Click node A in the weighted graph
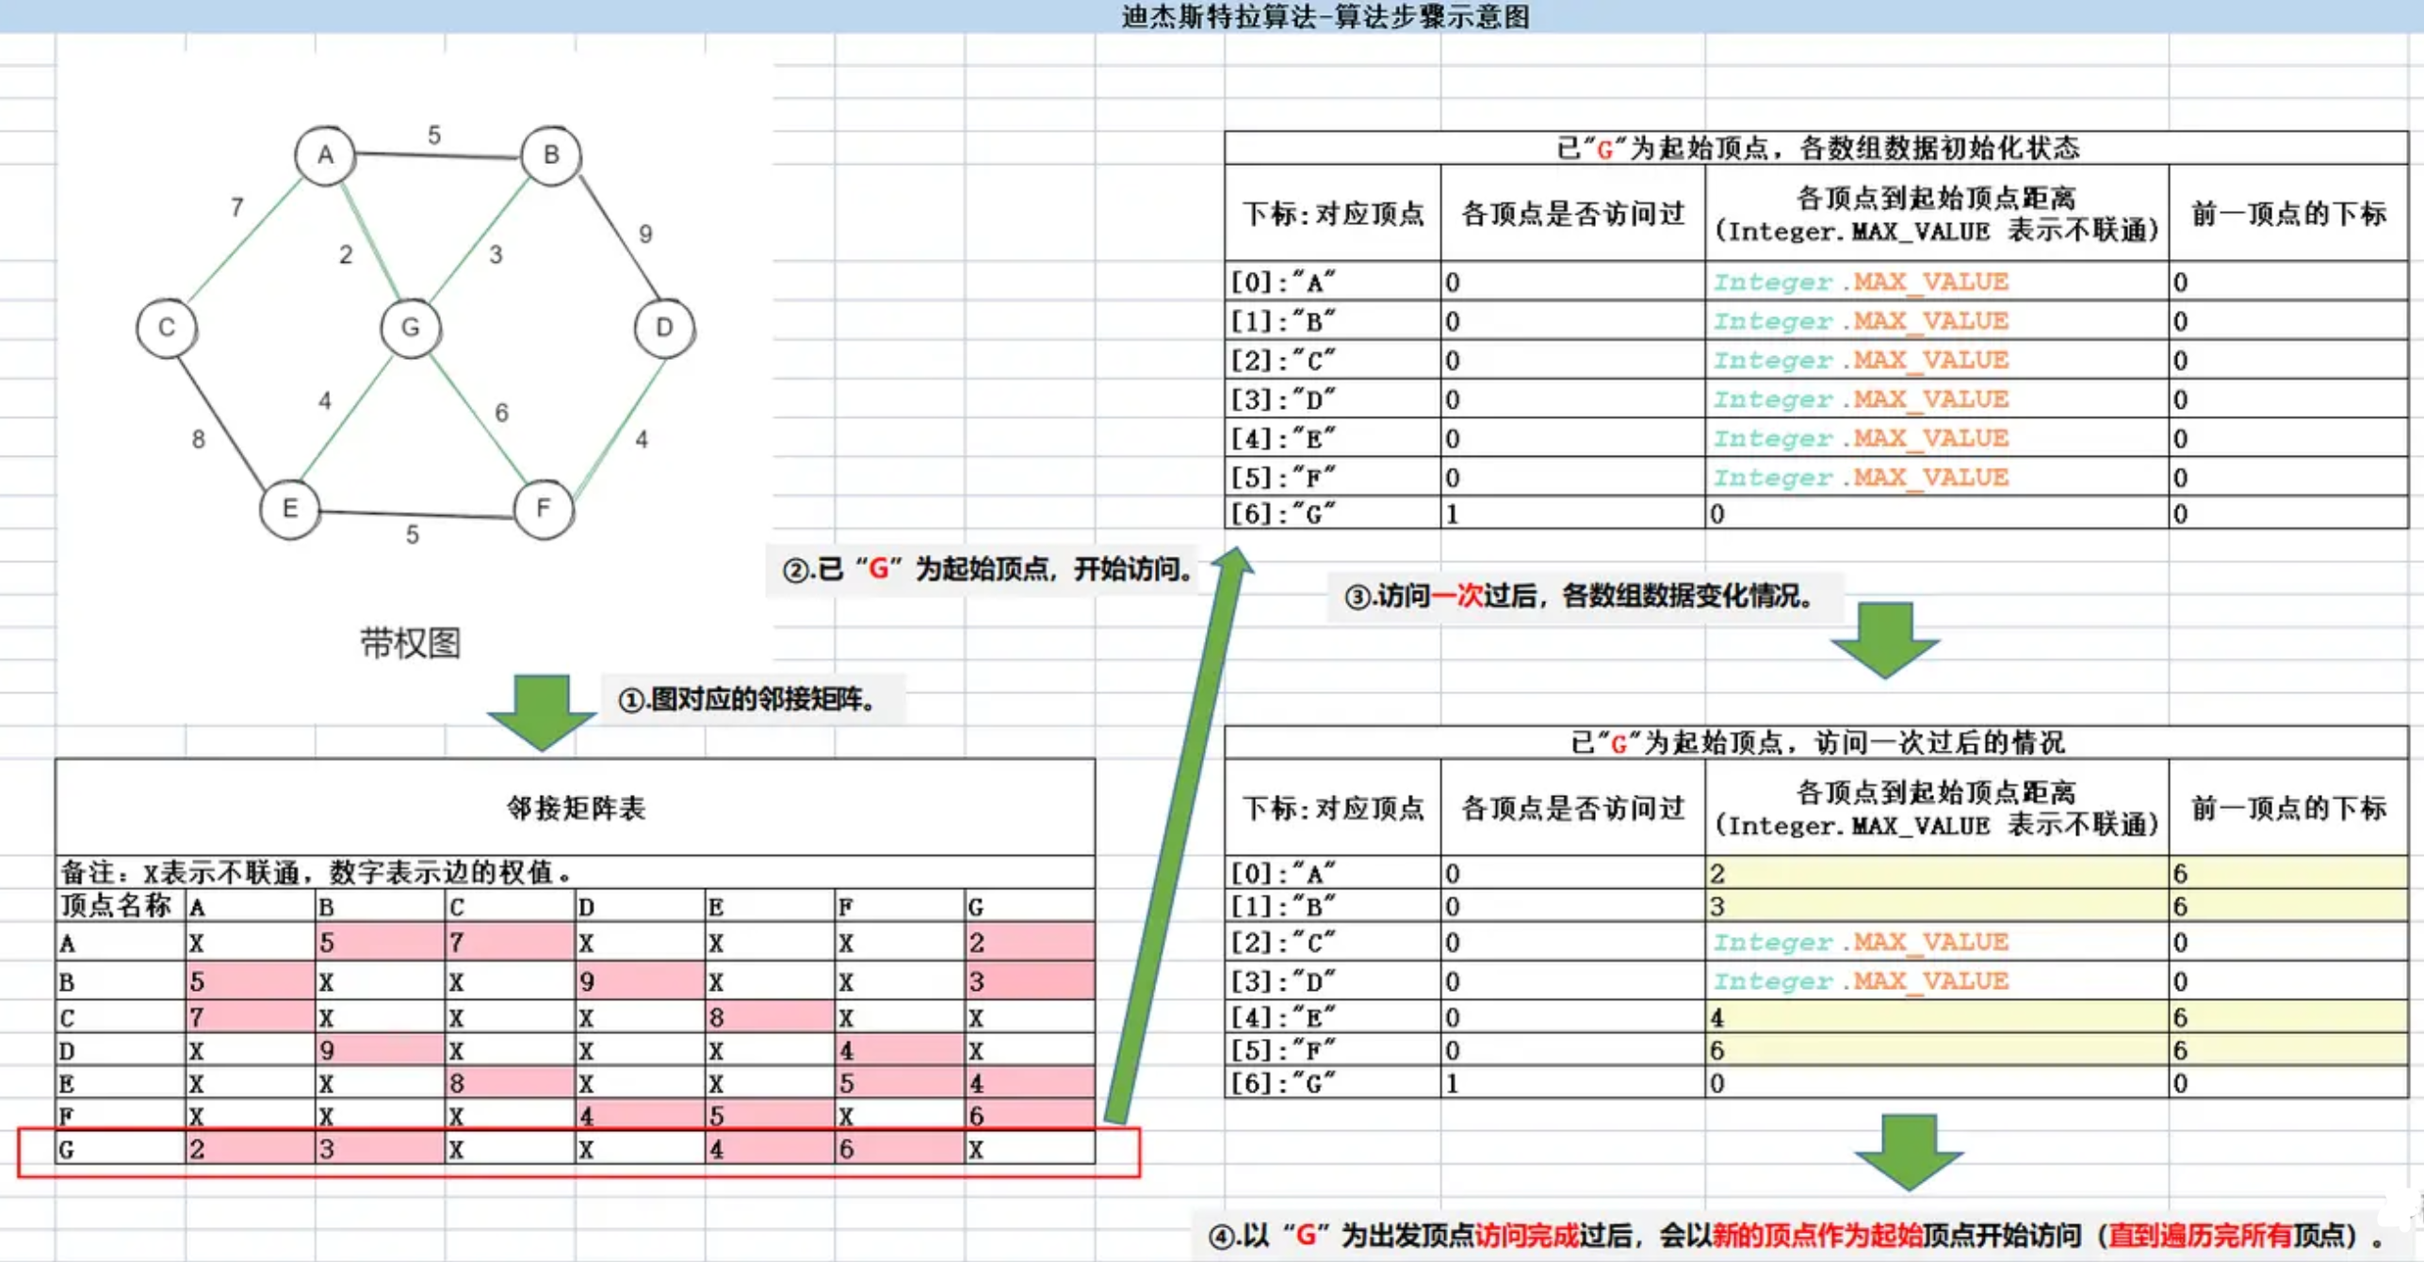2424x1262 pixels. (325, 155)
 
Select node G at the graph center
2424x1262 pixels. (410, 328)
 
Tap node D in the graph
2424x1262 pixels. (664, 328)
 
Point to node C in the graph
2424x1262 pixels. (167, 328)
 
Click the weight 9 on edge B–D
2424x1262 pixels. (645, 234)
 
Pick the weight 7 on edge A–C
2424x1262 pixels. (237, 206)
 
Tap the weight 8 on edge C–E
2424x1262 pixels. (198, 439)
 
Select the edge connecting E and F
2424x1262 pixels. (415, 513)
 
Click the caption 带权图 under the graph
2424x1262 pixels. (410, 643)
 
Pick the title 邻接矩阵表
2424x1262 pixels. (576, 808)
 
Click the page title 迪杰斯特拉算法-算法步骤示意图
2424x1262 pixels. (1325, 16)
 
